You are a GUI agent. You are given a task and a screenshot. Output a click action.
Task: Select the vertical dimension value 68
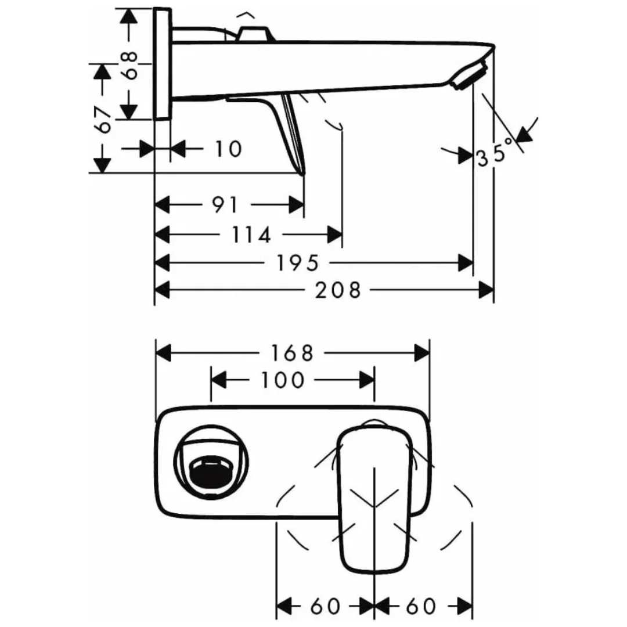(131, 64)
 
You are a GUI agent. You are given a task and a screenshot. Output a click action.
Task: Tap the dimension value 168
(292, 352)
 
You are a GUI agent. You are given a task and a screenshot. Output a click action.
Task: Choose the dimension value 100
(283, 380)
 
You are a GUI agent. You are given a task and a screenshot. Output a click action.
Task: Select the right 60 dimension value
(421, 607)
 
